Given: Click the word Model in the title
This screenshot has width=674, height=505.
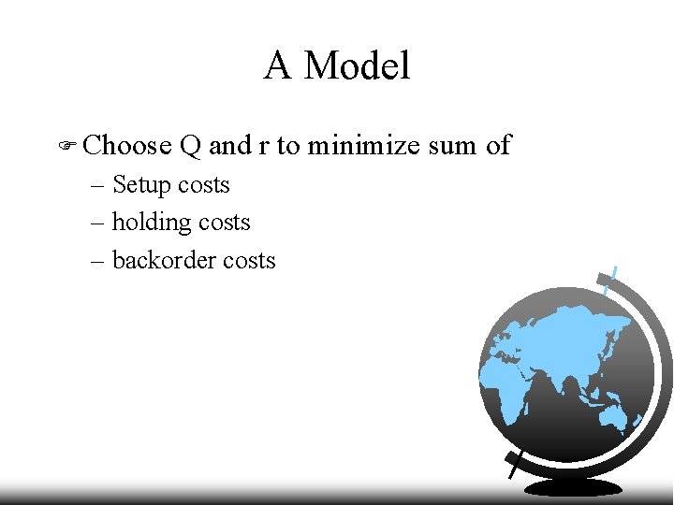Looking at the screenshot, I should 357,66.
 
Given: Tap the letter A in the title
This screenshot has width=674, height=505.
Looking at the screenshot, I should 278,66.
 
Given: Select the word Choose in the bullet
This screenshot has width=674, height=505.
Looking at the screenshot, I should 126,145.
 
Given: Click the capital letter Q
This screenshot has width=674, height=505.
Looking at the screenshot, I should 190,146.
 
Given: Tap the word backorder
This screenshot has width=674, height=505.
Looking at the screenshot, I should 160,260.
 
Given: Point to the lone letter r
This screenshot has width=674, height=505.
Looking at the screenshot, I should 257,146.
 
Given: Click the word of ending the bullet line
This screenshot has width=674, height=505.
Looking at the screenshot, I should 498,145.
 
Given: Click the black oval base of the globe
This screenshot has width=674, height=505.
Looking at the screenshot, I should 572,487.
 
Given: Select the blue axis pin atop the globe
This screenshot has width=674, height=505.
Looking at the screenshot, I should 611,278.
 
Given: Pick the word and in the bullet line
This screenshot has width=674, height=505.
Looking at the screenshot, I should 229,145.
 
